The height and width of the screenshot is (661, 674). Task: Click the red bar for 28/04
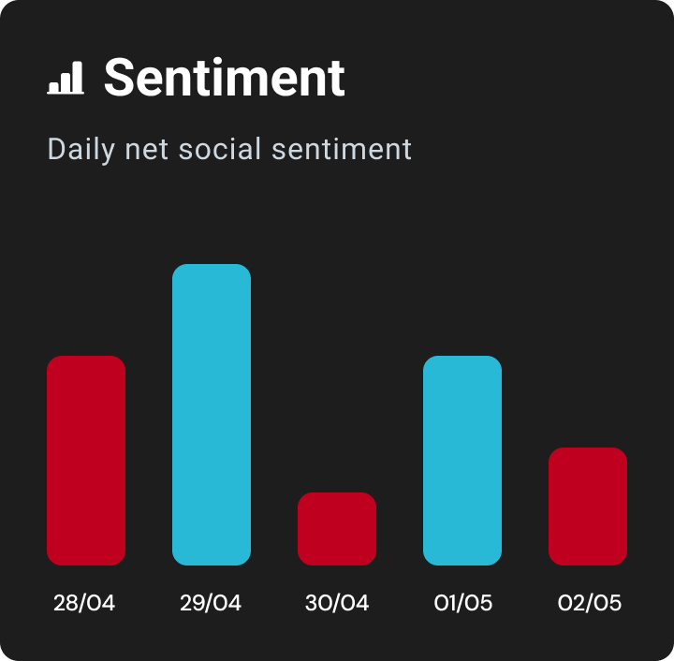pos(86,461)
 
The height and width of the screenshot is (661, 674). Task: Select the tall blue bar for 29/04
pos(212,415)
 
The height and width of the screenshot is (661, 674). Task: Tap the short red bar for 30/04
pos(337,529)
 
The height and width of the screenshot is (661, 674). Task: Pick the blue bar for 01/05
pos(462,461)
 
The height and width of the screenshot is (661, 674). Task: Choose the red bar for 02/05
pos(588,507)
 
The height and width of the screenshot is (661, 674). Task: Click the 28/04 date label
pos(84,603)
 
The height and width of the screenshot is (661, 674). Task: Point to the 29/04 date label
pos(211,603)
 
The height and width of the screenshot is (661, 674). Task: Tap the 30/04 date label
pos(337,603)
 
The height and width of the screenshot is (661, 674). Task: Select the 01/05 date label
pos(463,603)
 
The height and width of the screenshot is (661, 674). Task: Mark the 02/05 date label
pos(590,603)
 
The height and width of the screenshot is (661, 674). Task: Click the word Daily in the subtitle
pos(81,150)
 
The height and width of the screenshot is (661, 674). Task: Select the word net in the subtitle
pos(146,151)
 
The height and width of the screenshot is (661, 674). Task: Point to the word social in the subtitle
pos(220,149)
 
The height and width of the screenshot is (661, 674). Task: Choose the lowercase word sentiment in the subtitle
pos(342,149)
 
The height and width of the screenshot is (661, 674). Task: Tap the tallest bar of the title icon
pos(78,77)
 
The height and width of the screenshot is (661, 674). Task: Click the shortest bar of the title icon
pos(53,87)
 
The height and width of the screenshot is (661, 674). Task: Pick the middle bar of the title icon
pos(66,81)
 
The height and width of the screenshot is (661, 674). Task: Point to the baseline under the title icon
pos(66,93)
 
